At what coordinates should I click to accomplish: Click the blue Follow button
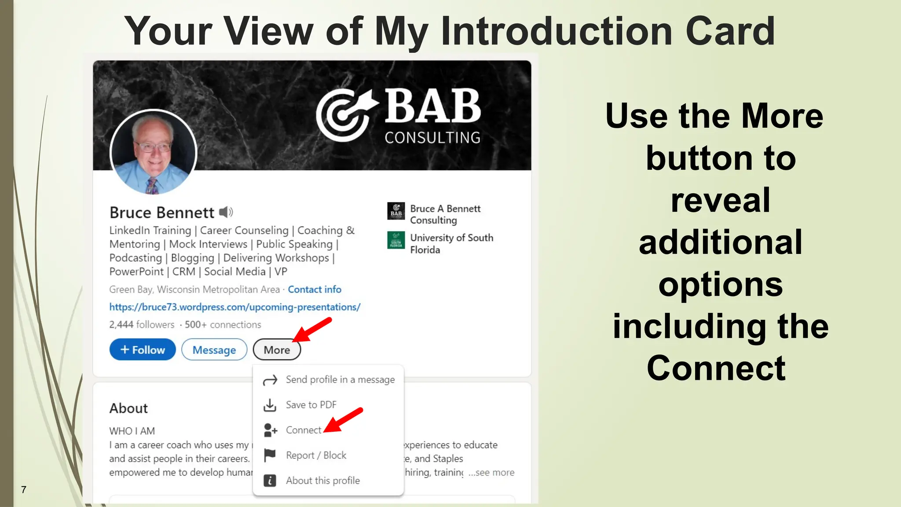click(x=143, y=350)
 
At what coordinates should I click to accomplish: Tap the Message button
click(x=214, y=350)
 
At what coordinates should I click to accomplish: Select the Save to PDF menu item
click(x=311, y=405)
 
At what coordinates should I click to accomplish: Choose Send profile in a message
click(x=340, y=380)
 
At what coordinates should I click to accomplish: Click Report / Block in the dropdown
click(x=315, y=456)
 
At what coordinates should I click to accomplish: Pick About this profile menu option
click(x=322, y=481)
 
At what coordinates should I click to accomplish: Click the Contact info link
click(x=315, y=290)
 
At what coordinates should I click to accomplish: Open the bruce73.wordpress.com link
click(x=235, y=307)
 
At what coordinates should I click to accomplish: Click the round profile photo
click(x=153, y=152)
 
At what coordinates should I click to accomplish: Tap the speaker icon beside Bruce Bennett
click(x=226, y=213)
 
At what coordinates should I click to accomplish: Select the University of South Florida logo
click(x=396, y=240)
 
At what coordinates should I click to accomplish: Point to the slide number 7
click(x=24, y=490)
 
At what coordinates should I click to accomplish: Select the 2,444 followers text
click(x=142, y=325)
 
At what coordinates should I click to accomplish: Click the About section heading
click(x=128, y=408)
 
